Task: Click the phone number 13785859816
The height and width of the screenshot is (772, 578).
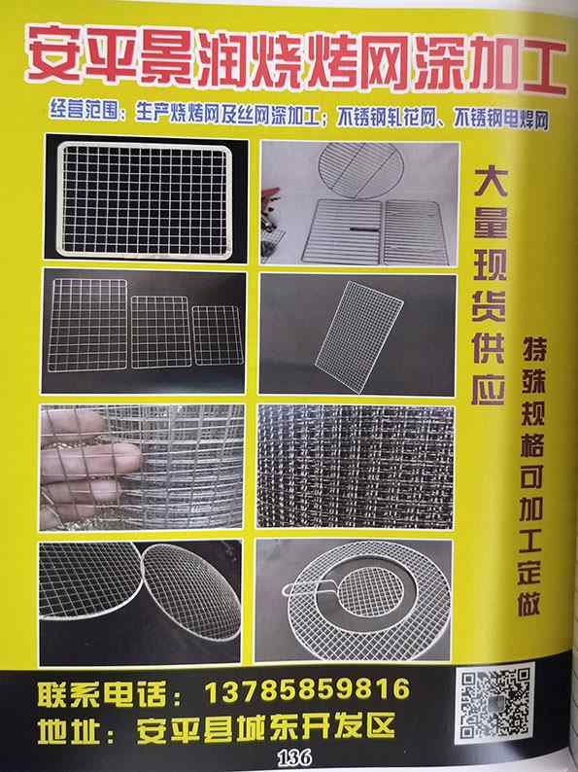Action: pyautogui.click(x=307, y=689)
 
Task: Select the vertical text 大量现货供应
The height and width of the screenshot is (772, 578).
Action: pyautogui.click(x=489, y=287)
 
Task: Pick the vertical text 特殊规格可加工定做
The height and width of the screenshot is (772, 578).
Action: pyautogui.click(x=531, y=475)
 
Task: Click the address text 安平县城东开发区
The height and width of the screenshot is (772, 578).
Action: pyautogui.click(x=265, y=727)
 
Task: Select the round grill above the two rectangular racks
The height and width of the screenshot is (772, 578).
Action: pyautogui.click(x=360, y=170)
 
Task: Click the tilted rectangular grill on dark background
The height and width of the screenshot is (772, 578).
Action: pyautogui.click(x=359, y=336)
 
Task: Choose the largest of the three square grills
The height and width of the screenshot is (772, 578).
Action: pyautogui.click(x=87, y=325)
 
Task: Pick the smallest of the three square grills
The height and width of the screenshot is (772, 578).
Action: pyautogui.click(x=218, y=335)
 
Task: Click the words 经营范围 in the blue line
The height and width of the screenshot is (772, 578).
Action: pyautogui.click(x=85, y=110)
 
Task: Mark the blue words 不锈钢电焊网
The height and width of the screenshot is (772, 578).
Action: pyautogui.click(x=500, y=120)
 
